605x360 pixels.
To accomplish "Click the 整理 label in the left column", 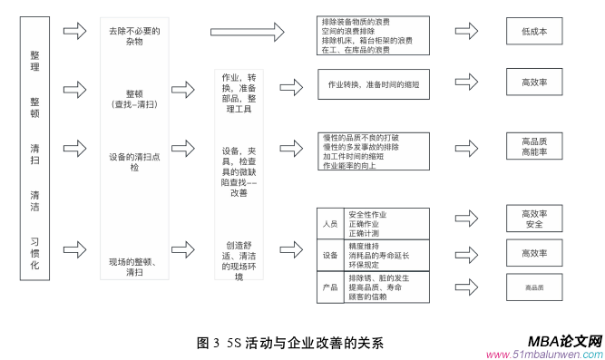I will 34,61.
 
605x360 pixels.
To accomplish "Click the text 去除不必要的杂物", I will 133,36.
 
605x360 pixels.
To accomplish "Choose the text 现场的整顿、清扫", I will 133,266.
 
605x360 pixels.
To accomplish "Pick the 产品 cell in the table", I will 329,286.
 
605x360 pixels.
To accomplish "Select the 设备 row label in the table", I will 329,255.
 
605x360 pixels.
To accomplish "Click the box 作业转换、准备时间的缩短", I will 367,83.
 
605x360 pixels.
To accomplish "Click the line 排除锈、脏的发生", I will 379,277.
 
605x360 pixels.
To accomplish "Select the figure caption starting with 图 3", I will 290,343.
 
